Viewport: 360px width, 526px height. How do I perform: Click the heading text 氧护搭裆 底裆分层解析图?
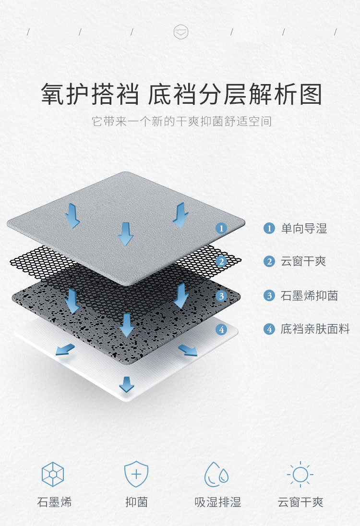(181, 95)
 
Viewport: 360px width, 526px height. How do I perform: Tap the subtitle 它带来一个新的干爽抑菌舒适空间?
(181, 121)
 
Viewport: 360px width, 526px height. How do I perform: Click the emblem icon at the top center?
(181, 32)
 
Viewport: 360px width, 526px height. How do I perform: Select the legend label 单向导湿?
(304, 229)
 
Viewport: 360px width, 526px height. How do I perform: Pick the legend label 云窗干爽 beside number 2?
(303, 262)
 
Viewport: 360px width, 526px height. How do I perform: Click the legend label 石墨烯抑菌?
(309, 295)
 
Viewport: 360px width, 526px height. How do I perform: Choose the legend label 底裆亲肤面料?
(315, 329)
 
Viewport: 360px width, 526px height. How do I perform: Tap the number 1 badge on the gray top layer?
(221, 228)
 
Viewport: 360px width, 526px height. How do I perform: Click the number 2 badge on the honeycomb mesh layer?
(221, 262)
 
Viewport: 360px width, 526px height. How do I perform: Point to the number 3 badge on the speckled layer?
(221, 296)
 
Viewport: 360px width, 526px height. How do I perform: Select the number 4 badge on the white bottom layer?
(221, 330)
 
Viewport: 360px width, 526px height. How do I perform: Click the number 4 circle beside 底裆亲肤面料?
(269, 329)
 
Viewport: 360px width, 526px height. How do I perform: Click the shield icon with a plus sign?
(136, 474)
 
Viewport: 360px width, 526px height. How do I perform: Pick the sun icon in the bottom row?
(300, 474)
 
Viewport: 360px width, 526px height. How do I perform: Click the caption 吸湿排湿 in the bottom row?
(217, 502)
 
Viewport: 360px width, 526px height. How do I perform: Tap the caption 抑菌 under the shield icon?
(136, 502)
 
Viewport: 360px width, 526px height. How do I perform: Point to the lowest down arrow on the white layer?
(127, 384)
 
